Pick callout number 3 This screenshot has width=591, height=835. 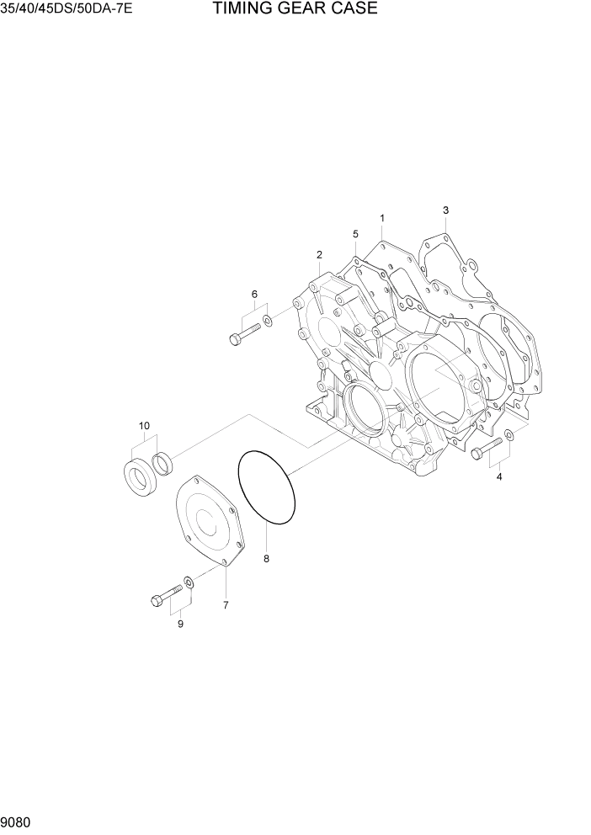coord(445,210)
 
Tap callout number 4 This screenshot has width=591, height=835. coord(499,477)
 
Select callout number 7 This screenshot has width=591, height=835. coord(225,604)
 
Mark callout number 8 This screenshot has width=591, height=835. coord(267,558)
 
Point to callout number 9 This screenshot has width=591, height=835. coord(179,624)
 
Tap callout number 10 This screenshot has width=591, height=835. coord(144,426)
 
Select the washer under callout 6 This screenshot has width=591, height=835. coord(267,320)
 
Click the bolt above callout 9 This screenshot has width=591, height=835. coord(165,598)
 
